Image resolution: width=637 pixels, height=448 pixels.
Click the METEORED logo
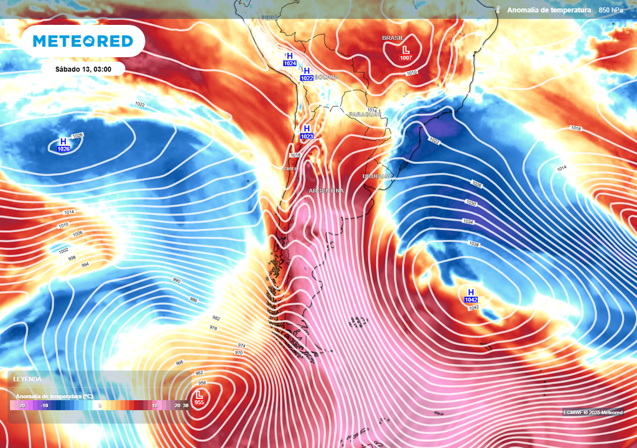coord(83,41)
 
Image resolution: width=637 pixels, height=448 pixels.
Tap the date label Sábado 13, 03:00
coord(83,69)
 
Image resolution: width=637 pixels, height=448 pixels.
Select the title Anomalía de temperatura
coord(549,10)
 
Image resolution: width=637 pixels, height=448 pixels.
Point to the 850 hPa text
coord(611,10)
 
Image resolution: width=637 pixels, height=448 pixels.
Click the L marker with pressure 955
coord(199,398)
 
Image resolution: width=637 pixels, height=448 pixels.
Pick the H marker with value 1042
coord(471,296)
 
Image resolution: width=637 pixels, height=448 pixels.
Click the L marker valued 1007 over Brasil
coord(406,53)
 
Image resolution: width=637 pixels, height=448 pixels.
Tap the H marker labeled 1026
coord(63,145)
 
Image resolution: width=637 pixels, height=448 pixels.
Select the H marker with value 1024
coord(289,59)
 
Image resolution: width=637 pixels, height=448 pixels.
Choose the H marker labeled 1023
coord(307,132)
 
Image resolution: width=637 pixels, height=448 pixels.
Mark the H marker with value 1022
coord(307,74)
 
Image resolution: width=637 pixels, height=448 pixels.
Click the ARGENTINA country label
coord(326,190)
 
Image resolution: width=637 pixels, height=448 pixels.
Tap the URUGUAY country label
coord(378,177)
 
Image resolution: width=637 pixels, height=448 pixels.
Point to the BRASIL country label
coord(393,38)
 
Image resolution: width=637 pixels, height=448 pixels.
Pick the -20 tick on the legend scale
coord(21,406)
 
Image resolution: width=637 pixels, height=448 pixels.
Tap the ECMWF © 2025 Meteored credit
coord(593,413)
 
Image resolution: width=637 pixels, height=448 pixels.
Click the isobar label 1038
coord(473,245)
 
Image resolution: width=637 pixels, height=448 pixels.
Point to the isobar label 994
coord(85,265)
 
